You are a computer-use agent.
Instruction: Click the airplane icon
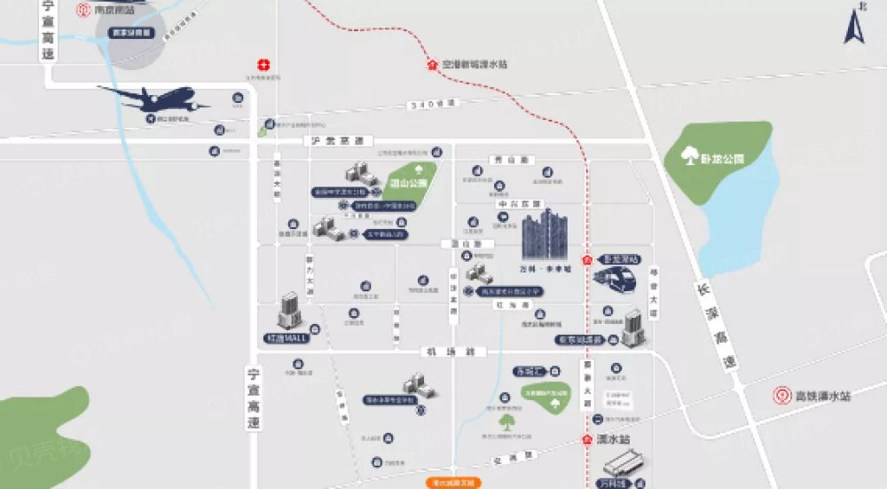[x=155, y=99]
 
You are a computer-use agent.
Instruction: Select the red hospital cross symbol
[x=263, y=65]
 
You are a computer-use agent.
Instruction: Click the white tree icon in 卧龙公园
[x=688, y=157]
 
